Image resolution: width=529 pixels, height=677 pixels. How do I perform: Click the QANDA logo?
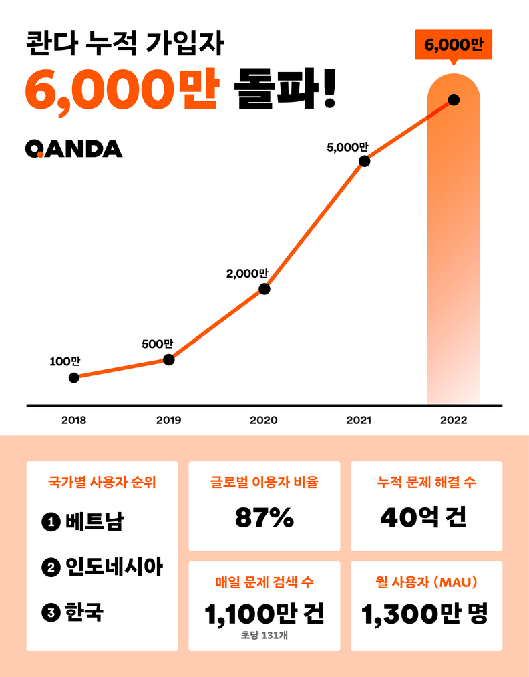pos(74,148)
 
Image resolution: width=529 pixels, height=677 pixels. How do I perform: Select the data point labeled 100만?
pos(74,377)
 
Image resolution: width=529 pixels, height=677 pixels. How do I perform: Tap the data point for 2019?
pos(169,359)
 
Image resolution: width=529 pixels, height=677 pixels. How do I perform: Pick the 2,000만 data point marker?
pos(264,289)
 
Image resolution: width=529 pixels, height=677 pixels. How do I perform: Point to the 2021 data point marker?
pos(364,161)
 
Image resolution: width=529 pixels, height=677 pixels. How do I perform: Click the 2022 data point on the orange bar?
pos(454,100)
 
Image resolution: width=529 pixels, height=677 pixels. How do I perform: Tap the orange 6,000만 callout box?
pos(454,45)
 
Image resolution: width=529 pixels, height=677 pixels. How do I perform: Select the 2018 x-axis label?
pos(73,421)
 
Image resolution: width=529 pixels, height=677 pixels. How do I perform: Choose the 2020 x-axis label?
pos(264,421)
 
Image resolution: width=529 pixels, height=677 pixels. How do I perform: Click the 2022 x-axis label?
pos(454,421)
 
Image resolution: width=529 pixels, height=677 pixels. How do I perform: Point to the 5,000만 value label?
pos(347,148)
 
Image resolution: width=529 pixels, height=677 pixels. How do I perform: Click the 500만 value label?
pos(158,345)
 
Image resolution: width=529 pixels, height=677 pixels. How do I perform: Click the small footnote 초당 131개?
pos(264,636)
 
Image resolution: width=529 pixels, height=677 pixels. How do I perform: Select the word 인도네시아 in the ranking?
pos(114,568)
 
